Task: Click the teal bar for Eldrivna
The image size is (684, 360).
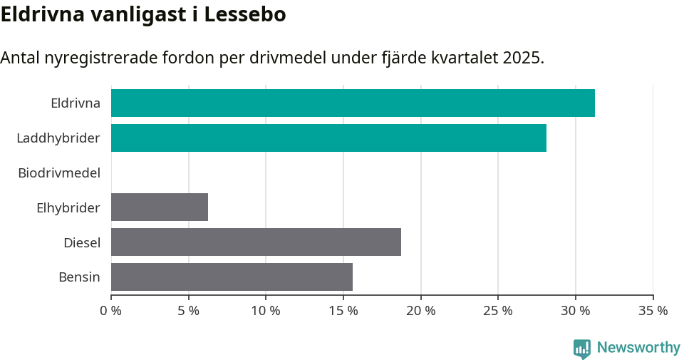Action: point(353,103)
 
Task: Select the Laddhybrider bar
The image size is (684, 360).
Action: point(328,138)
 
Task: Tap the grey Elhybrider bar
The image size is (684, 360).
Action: point(160,207)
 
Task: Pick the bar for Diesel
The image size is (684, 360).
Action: point(256,242)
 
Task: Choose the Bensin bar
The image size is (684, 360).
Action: point(232,277)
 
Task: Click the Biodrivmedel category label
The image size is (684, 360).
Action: point(59,173)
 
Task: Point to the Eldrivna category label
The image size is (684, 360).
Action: point(76,103)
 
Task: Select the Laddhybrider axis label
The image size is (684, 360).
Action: point(58,138)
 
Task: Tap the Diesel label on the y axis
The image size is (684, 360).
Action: point(82,243)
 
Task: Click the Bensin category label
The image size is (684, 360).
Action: point(79,277)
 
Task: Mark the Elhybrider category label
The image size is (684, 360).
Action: point(68,208)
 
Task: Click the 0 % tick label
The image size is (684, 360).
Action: point(111,311)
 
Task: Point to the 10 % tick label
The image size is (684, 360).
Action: point(266,311)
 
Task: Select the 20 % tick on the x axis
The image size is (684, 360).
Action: point(420,311)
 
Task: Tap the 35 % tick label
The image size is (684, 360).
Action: point(653,311)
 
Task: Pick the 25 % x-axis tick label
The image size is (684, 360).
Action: point(498,311)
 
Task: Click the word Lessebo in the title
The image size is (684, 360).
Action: point(245,14)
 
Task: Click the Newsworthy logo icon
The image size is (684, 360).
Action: point(582,348)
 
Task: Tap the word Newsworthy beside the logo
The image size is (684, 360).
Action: point(638,348)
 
